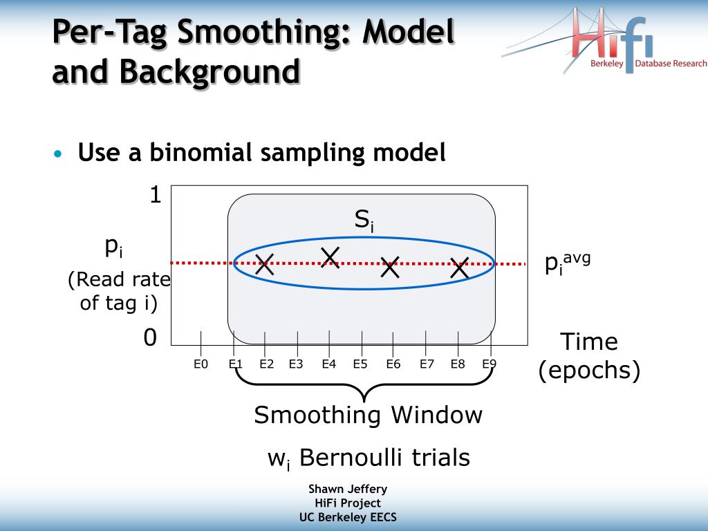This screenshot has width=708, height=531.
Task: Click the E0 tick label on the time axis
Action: point(201,364)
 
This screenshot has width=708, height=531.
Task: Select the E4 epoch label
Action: point(328,364)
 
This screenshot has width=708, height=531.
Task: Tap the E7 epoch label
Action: point(427,364)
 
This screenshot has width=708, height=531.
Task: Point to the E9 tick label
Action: point(489,364)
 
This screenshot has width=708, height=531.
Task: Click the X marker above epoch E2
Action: point(265,264)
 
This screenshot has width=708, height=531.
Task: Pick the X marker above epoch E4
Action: point(330,257)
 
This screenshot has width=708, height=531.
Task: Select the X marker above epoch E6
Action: point(390,267)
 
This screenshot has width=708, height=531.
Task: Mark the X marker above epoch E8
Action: point(460,268)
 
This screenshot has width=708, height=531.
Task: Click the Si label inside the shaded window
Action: point(364,221)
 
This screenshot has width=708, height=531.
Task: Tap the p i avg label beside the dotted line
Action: point(568,263)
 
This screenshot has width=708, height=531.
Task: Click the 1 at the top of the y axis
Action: point(156,194)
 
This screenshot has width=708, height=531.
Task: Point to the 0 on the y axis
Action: point(150,337)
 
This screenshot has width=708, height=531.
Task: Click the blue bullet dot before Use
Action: point(57,153)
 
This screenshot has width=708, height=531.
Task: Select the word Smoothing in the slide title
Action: point(263,32)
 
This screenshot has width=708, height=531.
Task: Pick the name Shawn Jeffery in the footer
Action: point(348,489)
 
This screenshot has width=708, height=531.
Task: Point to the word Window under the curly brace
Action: point(437,415)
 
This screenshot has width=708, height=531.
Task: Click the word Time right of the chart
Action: point(589,342)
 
